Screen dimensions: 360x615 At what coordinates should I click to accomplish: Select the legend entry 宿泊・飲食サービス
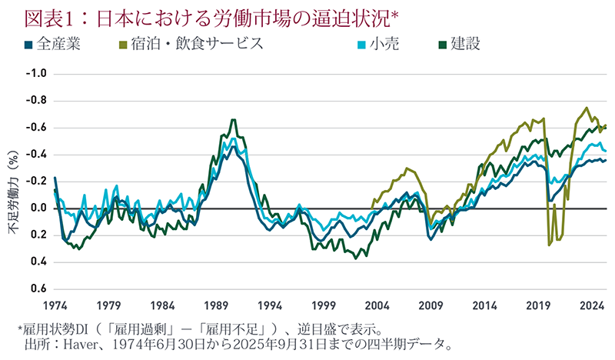point(197,43)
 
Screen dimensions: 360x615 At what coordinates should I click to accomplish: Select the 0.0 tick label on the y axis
point(38,208)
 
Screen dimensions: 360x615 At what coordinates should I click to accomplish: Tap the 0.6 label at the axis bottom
point(38,289)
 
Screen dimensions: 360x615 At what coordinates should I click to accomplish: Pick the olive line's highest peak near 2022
point(587,108)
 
